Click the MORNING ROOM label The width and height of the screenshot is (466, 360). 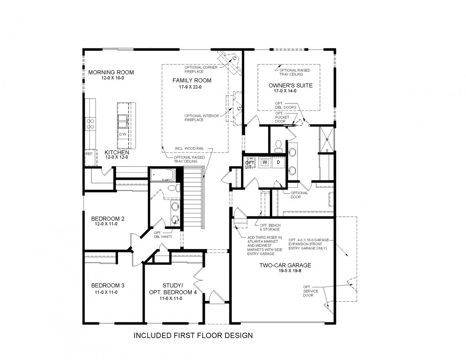coord(111,72)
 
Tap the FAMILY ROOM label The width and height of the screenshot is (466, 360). coord(191,80)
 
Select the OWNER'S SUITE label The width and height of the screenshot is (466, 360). coord(290,86)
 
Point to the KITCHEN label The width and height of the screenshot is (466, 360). coord(116,152)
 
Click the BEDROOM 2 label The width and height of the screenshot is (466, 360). coord(108,219)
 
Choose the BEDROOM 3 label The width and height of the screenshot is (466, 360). coord(108,285)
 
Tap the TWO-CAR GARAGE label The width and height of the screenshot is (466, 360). coord(285,265)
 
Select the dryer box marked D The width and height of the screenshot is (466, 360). coord(278,162)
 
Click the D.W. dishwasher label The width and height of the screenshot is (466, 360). coord(123,134)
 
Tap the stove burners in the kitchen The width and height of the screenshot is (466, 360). coord(90,124)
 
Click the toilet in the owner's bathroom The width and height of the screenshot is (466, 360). coord(279,146)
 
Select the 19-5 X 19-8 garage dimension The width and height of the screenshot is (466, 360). coord(285,271)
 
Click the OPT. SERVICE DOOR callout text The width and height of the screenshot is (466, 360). coord(311,291)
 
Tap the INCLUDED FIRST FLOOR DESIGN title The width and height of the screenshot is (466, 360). coord(193,335)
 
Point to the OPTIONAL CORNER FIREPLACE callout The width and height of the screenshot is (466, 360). coord(201,70)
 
